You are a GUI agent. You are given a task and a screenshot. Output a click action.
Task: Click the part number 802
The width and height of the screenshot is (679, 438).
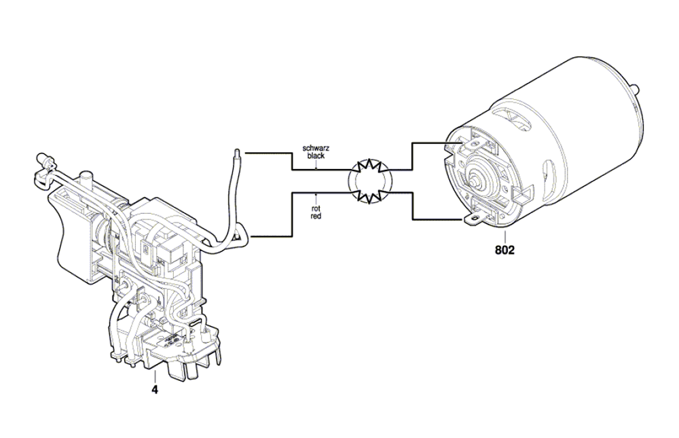(x=505, y=250)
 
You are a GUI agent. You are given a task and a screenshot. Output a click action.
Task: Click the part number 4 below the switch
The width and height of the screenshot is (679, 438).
(x=155, y=390)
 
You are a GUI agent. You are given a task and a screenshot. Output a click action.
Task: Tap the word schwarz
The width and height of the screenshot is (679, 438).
(x=316, y=148)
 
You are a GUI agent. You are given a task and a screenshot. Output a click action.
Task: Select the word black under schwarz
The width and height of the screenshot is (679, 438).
(x=316, y=156)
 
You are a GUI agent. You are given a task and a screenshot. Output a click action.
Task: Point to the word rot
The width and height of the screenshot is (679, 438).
(x=316, y=209)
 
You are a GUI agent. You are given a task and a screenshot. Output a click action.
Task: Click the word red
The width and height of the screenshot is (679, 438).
(x=316, y=216)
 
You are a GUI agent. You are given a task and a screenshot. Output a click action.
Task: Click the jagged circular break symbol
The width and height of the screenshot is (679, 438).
(x=370, y=181)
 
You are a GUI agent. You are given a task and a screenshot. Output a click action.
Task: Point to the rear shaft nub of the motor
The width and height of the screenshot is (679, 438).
(x=636, y=88)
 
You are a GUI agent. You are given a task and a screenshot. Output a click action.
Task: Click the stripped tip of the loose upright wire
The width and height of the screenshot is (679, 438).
(x=236, y=154)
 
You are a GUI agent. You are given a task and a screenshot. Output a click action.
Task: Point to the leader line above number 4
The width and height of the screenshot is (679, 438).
(x=155, y=378)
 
